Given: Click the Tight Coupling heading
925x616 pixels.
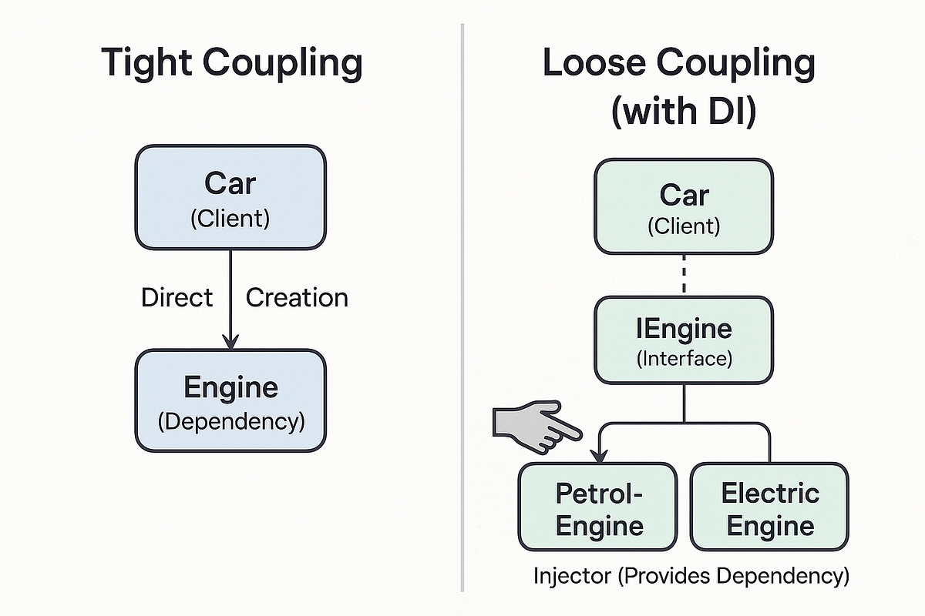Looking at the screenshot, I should click(x=231, y=64).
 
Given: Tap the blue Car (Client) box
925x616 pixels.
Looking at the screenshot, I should click(x=230, y=198).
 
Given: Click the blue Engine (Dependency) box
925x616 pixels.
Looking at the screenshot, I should click(x=230, y=400).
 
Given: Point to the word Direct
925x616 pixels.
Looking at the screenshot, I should click(x=177, y=298).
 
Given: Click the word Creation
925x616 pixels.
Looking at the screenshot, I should click(x=297, y=298).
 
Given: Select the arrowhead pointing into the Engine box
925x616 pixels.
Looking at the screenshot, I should click(x=230, y=340).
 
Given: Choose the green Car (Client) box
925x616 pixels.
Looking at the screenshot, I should click(x=683, y=206).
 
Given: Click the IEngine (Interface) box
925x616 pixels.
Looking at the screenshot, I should click(x=683, y=340).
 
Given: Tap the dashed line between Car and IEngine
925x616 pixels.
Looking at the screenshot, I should click(x=683, y=276).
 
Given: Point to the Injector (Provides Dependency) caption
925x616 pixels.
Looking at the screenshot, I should click(x=691, y=576).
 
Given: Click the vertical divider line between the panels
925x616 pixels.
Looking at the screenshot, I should click(x=462, y=308).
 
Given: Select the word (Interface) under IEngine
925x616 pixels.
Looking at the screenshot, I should click(x=683, y=358).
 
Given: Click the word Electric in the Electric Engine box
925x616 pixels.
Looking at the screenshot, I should click(x=769, y=493).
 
